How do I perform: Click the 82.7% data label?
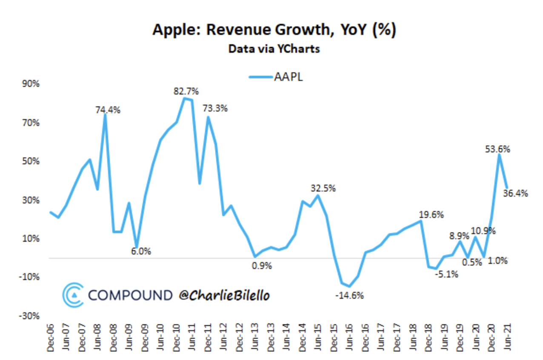coord(186,91)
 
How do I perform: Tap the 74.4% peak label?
coord(108,110)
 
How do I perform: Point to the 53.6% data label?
coord(498,149)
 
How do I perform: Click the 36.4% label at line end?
coord(516,193)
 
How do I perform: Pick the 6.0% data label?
coord(141,251)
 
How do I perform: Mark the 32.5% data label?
coord(323,188)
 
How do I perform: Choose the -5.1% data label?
coord(446,274)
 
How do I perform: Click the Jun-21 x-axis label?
coord(507,336)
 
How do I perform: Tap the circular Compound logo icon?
coord(73,295)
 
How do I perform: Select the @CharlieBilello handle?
coord(224,295)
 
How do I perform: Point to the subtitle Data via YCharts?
coord(274,49)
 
